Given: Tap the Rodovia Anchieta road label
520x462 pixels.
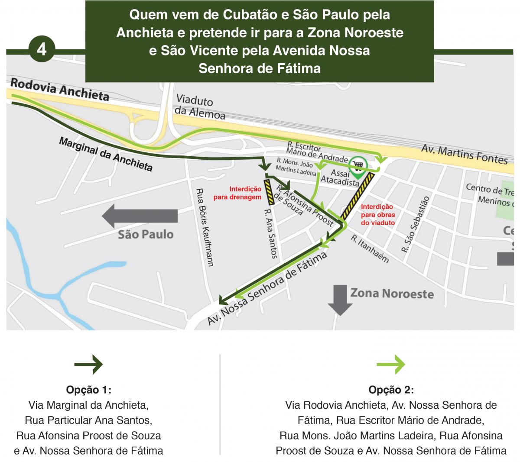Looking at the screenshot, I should [x=59, y=89].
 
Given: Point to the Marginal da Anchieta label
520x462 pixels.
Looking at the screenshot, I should [x=106, y=155].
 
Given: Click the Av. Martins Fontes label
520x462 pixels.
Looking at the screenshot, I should [x=465, y=154].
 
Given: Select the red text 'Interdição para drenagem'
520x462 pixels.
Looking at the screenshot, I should [x=245, y=193].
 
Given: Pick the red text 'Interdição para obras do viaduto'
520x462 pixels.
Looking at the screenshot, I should [x=377, y=215].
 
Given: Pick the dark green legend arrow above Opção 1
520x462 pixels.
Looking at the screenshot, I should [x=88, y=365].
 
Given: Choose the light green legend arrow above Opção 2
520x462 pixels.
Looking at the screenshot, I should [x=391, y=365].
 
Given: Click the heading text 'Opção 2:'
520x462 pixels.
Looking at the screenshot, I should [x=391, y=390].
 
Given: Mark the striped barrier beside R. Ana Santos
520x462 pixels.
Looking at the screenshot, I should [x=270, y=192].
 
